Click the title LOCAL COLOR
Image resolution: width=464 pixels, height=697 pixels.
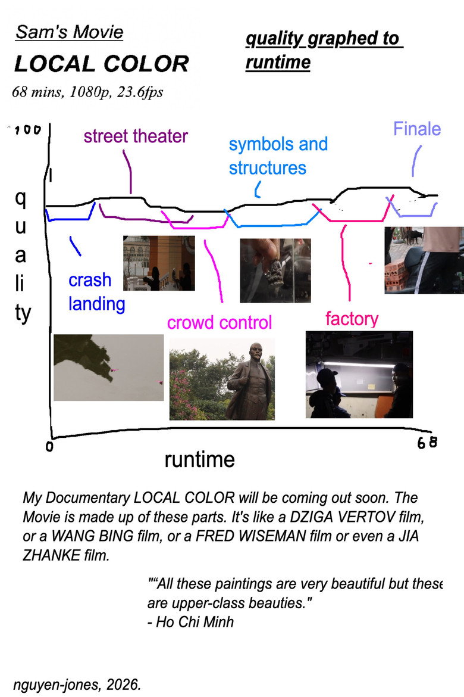(102, 64)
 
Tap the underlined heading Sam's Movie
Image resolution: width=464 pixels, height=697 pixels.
(69, 32)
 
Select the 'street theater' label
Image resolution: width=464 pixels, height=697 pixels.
(136, 136)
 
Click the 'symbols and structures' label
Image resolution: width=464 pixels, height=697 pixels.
(278, 156)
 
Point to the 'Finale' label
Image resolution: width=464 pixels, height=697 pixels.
(417, 129)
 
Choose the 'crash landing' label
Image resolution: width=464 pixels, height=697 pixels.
(96, 292)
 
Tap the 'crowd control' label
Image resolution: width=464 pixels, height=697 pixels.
(220, 323)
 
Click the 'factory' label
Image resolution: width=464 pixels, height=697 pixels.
(352, 319)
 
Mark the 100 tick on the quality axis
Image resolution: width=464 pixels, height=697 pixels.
(27, 130)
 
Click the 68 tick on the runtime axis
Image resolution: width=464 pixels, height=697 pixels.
(427, 443)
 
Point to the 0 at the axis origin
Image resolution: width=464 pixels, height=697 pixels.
(49, 446)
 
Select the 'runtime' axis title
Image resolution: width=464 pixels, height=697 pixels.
(199, 460)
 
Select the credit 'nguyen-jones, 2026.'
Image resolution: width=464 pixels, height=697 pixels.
(77, 684)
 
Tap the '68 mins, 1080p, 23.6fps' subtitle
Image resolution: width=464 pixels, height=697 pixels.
(87, 92)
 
